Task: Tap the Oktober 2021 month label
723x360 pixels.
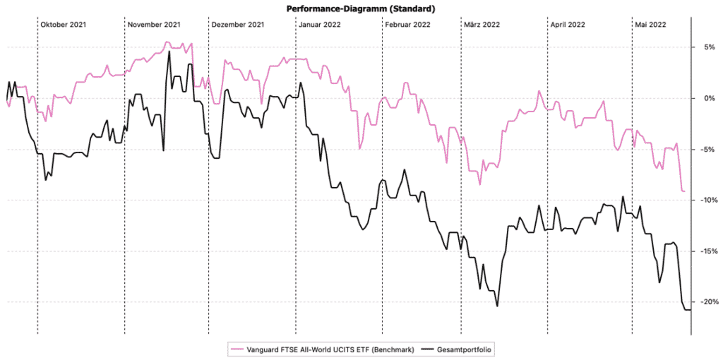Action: coord(64,25)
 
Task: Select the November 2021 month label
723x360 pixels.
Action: coord(153,25)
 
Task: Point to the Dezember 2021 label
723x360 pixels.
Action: coord(238,25)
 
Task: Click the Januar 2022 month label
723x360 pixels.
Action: coord(320,25)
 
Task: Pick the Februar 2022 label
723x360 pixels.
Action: coord(408,25)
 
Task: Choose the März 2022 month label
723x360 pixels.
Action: coord(482,25)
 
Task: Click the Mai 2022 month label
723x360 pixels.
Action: coord(650,25)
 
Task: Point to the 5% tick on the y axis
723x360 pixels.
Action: coord(706,47)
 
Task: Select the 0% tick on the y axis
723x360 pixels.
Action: coord(706,98)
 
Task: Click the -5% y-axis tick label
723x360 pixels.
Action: coord(706,150)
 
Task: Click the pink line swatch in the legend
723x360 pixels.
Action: coord(236,349)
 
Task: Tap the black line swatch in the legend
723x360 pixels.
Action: coord(428,349)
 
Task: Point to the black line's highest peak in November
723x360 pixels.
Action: coord(169,52)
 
